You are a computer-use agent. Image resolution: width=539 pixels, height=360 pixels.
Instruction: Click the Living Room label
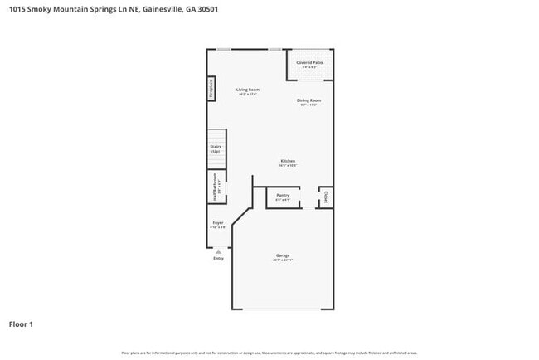pos(248,90)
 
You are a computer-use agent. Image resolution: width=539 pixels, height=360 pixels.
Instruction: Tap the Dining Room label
pos(309,100)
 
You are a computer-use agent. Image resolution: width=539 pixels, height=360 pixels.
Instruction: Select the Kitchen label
pos(288,161)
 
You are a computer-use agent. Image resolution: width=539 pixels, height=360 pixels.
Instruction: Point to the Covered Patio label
pos(311,62)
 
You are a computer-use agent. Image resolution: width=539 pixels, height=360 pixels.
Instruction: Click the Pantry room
pos(283,197)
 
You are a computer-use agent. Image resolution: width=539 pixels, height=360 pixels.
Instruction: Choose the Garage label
pos(283,255)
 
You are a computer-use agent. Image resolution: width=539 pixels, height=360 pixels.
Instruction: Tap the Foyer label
pos(218,223)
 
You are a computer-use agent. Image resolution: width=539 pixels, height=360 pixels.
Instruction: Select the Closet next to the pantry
pos(326,197)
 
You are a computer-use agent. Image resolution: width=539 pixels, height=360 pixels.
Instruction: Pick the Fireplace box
pos(211,89)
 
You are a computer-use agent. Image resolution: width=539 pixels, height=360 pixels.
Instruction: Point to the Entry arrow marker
pos(218,250)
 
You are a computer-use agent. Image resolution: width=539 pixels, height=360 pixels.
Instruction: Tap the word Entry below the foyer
pos(218,259)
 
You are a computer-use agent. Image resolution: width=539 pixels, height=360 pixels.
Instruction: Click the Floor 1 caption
pos(21,324)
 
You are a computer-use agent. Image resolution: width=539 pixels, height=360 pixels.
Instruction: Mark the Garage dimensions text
pos(283,260)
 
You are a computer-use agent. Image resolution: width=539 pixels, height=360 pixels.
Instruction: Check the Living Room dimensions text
pos(248,95)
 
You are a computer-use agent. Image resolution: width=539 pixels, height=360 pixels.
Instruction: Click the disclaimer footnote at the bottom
pos(269,352)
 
